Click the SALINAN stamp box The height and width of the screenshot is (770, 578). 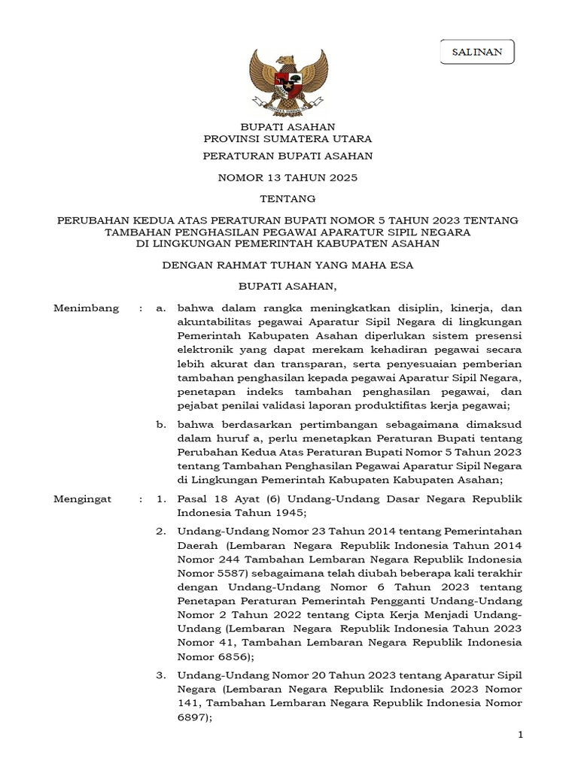tap(477, 52)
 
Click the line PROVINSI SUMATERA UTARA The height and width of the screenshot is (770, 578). tap(287, 139)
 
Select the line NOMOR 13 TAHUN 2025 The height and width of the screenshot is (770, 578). tap(287, 178)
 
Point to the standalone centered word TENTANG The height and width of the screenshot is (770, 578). tap(287, 199)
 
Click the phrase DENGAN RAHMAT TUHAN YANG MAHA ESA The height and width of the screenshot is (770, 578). tap(287, 265)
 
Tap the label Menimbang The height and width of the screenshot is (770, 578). tap(87, 308)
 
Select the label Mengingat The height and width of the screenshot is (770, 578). tap(83, 499)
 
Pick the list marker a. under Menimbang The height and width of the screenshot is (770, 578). tap(160, 308)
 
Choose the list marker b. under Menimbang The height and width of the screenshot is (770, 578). tap(160, 425)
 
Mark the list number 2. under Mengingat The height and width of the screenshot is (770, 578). tap(160, 532)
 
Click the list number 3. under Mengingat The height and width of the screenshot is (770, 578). tap(160, 675)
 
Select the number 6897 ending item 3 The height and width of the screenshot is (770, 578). tap(193, 717)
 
